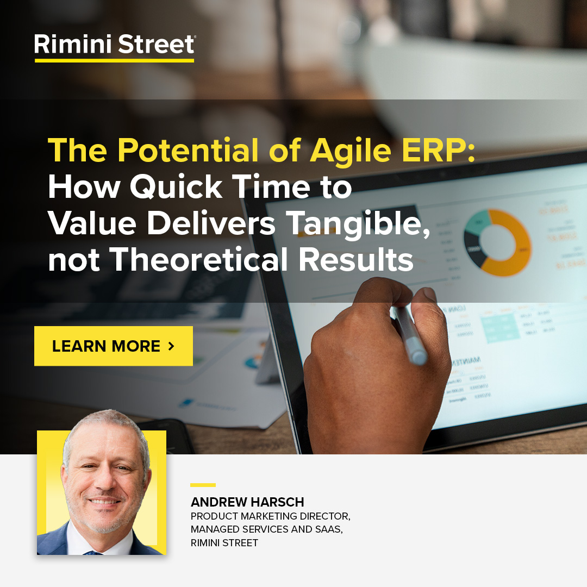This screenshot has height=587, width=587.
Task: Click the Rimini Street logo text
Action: tap(114, 44)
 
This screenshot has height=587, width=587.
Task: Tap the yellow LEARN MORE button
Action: tap(114, 346)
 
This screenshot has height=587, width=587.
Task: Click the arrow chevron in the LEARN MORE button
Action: tap(172, 346)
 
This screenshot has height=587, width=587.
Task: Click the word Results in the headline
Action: tap(356, 260)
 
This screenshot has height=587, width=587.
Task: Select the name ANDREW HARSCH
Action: tap(247, 502)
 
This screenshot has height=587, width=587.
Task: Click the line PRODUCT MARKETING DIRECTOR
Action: tap(270, 516)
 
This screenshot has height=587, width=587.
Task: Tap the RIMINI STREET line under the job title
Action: tap(224, 543)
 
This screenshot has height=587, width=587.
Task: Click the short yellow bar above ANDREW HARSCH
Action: tap(203, 485)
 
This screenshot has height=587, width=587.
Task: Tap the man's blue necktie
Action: tap(92, 552)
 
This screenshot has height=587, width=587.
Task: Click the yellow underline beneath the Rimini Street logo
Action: tap(114, 60)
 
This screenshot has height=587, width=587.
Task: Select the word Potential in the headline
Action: tap(190, 151)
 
